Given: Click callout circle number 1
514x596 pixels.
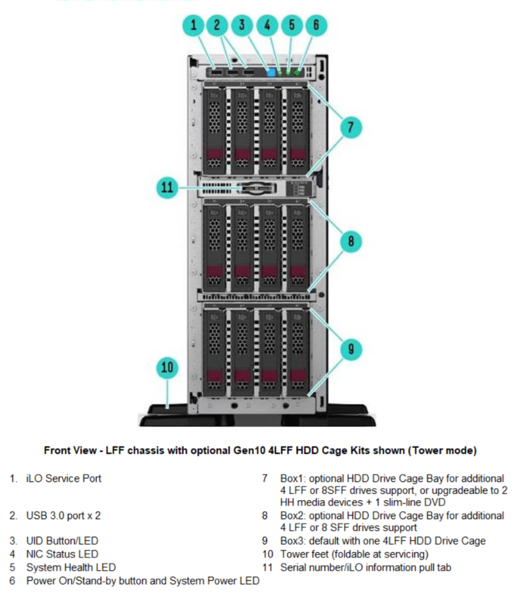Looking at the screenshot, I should click(194, 26).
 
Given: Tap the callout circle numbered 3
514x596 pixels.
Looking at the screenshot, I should click(242, 26).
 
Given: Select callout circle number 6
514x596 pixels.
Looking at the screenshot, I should click(315, 26).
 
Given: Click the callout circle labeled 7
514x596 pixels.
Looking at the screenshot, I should click(350, 127).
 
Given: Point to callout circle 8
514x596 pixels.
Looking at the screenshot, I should click(350, 240).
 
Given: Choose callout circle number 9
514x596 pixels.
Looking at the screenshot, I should click(350, 349).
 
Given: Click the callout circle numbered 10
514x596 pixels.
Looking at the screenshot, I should click(168, 368).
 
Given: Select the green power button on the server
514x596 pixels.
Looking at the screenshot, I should click(297, 72).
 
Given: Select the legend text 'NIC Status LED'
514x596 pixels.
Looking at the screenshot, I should click(62, 554).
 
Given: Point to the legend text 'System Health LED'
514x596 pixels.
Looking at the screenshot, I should click(71, 567).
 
